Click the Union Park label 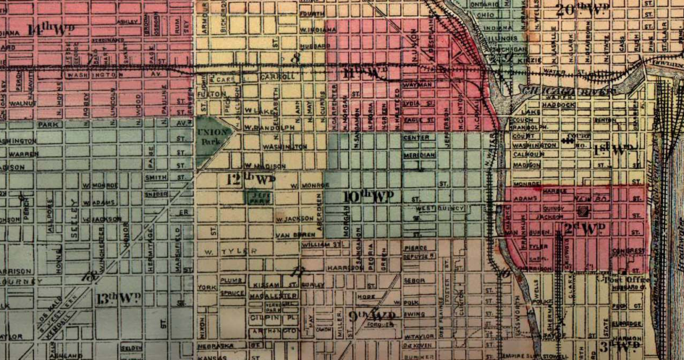[x=212, y=136]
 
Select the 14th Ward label [x=50, y=29]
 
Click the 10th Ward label [x=367, y=196]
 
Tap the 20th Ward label [x=583, y=9]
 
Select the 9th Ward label [x=372, y=315]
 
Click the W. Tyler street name [x=221, y=252]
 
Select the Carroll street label [x=277, y=77]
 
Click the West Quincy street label [x=431, y=208]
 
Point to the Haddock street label [x=556, y=104]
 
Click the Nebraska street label [x=216, y=346]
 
